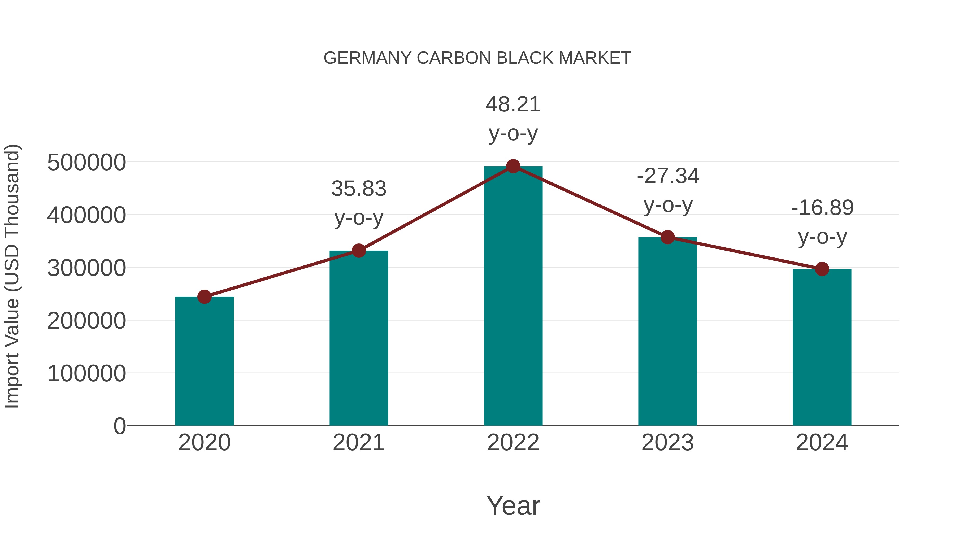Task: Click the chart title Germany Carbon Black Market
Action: point(477,58)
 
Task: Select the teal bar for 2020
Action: point(204,361)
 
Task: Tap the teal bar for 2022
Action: point(513,296)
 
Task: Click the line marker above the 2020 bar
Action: point(204,297)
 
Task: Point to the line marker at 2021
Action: point(358,251)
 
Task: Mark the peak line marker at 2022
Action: point(513,166)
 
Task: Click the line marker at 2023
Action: point(667,237)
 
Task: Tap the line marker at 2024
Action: point(822,269)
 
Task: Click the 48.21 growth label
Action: point(513,104)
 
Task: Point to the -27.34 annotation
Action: point(668,176)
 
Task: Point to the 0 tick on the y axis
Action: point(119,426)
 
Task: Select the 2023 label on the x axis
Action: point(667,443)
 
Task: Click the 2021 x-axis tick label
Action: point(358,443)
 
